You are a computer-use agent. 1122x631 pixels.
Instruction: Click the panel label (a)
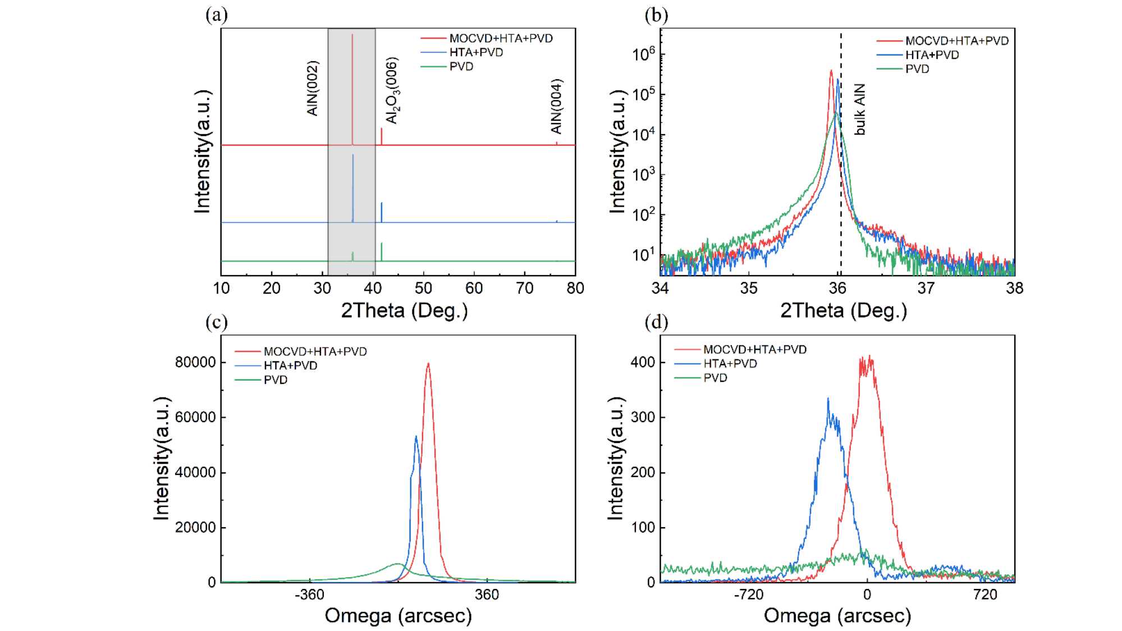[x=216, y=15]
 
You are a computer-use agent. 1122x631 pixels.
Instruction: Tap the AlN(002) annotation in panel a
[x=313, y=88]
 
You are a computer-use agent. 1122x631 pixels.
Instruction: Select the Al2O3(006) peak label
[x=392, y=90]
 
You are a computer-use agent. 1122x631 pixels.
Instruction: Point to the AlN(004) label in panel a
[x=556, y=106]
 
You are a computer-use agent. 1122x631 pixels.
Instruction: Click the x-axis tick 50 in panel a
[x=423, y=289]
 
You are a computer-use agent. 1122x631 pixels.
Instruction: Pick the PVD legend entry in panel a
[x=461, y=67]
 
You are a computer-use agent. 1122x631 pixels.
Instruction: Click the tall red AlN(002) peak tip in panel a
[x=352, y=35]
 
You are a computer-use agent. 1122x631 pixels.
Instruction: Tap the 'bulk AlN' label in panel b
[x=860, y=109]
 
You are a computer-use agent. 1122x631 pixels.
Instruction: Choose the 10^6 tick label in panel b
[x=643, y=54]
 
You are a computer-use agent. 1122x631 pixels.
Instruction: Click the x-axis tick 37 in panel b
[x=926, y=289]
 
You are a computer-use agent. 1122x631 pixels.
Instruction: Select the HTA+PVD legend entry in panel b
[x=932, y=55]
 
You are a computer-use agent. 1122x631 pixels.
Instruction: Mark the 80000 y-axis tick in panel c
[x=195, y=362]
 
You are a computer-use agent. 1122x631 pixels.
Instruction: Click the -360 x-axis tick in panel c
[x=309, y=595]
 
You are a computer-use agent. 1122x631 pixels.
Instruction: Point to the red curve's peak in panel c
[x=428, y=363]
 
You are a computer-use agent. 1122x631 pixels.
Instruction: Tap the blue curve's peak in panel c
[x=416, y=436]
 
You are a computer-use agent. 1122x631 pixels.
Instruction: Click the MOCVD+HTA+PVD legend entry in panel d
[x=755, y=350]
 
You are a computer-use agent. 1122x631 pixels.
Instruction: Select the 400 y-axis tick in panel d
[x=643, y=362]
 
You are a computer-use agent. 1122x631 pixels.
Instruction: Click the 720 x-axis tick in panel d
[x=986, y=595]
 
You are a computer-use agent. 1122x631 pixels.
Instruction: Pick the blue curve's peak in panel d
[x=828, y=399]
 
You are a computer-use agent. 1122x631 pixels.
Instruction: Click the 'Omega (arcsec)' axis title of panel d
[x=837, y=616]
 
